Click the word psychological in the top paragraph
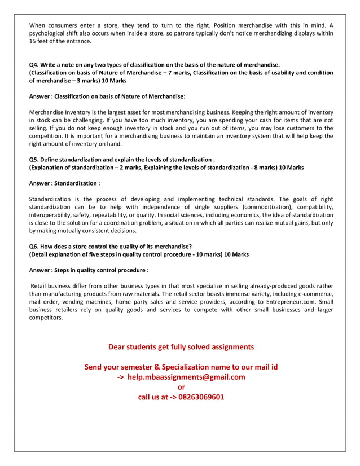point(50,34)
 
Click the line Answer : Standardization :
point(64,183)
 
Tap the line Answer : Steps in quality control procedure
point(89,270)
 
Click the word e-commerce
point(311,294)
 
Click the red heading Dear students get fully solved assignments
point(181,347)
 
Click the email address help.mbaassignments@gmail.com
point(186,377)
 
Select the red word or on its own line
point(181,387)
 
